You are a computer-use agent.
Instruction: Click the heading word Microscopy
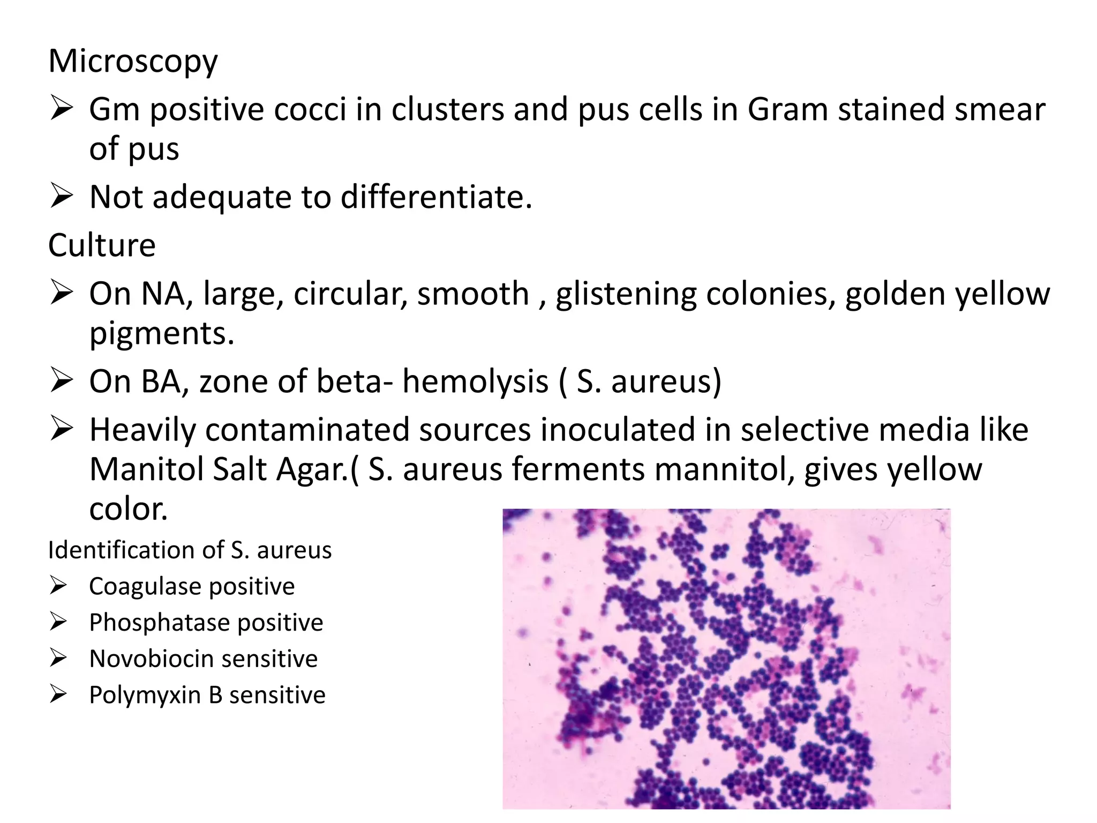pos(133,62)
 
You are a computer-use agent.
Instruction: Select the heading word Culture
pos(102,246)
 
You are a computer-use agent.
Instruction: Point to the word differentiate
pos(436,197)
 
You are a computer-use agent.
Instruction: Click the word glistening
pos(626,294)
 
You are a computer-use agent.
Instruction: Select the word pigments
pos(161,334)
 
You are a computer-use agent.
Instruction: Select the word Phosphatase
pos(159,623)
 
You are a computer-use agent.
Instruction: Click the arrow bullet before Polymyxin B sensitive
pos(58,695)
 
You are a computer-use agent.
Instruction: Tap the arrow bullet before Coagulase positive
pos(58,586)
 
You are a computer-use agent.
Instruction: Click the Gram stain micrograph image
pos(726,659)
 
